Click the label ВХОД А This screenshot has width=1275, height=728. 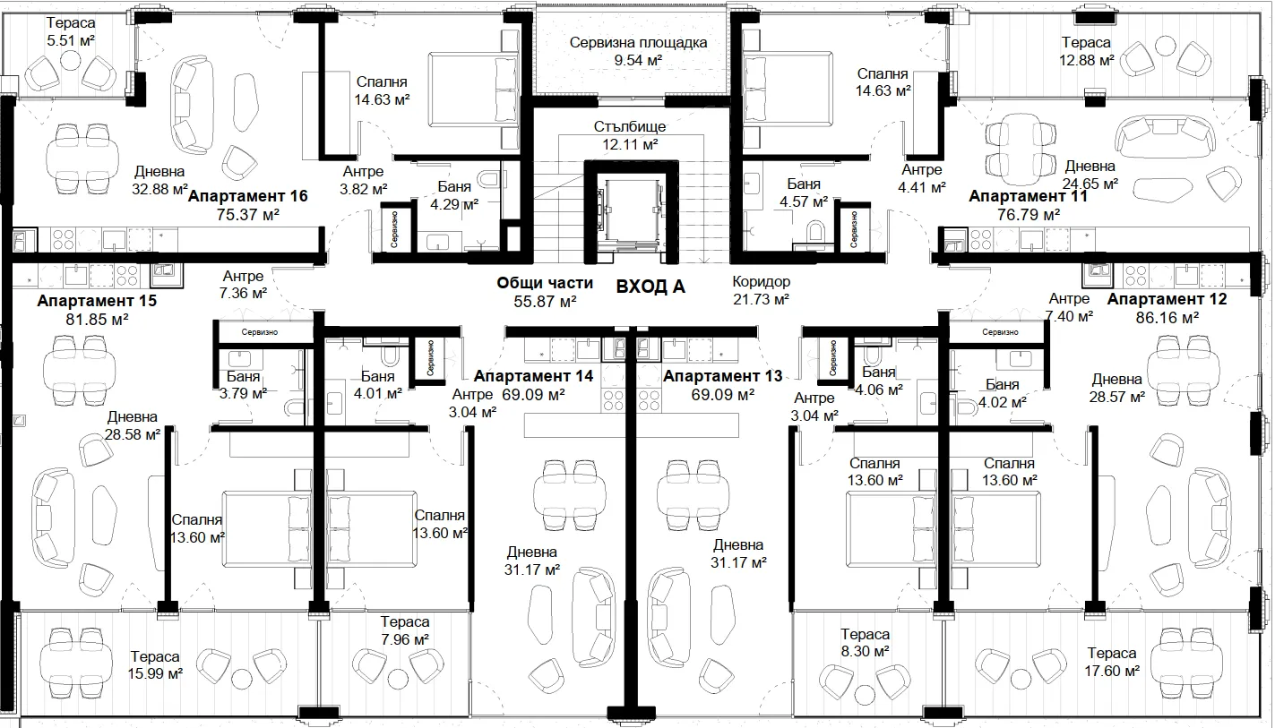point(650,287)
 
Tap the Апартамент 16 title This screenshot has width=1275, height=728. point(247,196)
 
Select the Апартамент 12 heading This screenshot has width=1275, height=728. point(1167,299)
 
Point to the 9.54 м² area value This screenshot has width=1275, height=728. point(638,60)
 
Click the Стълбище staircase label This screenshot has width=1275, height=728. point(630,127)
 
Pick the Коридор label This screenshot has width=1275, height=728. point(761,281)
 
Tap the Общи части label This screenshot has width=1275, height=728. point(545,283)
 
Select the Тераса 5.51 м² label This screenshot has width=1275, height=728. point(71,32)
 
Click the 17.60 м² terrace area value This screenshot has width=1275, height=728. point(1112,671)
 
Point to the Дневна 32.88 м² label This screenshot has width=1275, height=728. point(159,180)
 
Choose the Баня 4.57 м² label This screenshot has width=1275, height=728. point(804,193)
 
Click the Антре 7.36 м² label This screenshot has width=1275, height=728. point(243,285)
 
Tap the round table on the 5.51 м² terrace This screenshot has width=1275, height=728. point(72,59)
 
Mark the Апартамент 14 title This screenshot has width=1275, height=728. point(533,376)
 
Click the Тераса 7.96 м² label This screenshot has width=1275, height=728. point(405,630)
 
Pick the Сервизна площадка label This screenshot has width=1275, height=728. point(638,43)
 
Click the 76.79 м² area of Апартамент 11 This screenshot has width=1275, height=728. point(1028,215)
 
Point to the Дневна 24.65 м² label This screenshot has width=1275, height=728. point(1090,176)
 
